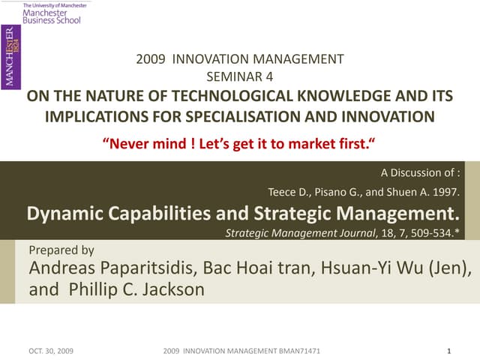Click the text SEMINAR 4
tap(239, 76)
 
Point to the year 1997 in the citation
tap(442, 192)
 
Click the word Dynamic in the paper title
tap(65, 212)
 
